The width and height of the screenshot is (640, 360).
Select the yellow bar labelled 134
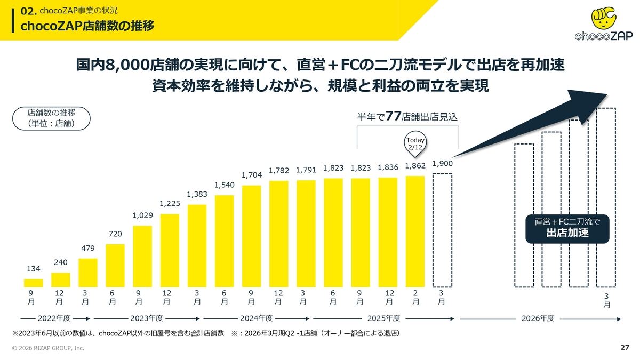click(34, 283)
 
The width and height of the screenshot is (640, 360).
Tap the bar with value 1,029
click(142, 257)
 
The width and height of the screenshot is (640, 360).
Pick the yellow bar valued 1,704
click(251, 236)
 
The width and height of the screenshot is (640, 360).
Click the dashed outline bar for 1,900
click(442, 230)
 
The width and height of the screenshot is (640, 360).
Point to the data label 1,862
click(415, 166)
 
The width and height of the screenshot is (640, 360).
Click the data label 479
click(88, 248)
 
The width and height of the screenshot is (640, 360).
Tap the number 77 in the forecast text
click(394, 116)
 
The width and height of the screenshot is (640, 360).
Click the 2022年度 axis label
click(54, 318)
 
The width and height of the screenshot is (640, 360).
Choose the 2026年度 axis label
click(538, 318)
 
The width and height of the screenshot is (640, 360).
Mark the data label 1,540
click(224, 185)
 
